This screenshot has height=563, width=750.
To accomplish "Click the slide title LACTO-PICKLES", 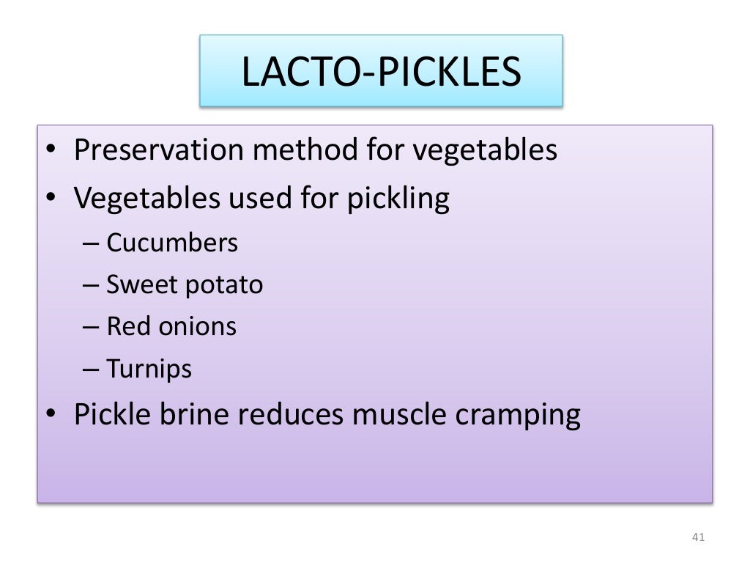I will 381,72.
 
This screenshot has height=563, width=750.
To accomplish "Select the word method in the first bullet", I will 305,150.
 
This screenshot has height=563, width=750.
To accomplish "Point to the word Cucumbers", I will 172,243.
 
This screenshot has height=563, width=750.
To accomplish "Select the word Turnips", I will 149,368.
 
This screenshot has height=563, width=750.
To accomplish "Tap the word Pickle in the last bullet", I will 112,415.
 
